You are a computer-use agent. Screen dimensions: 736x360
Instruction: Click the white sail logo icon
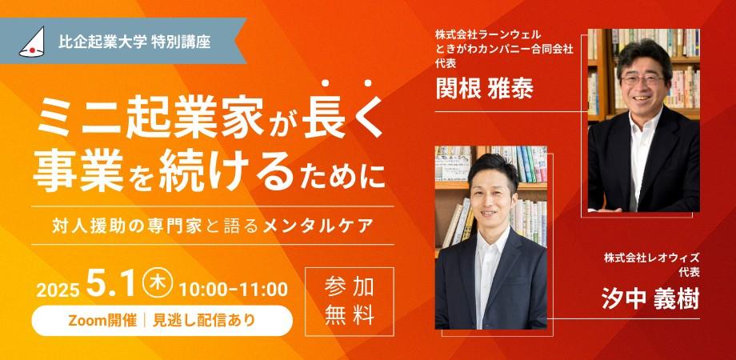[x=32, y=42]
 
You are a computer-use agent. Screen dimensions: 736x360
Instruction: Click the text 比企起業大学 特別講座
[x=134, y=42]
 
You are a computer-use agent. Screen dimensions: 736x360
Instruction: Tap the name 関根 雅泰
[x=485, y=87]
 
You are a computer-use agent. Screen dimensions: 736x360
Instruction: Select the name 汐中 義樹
[x=650, y=299]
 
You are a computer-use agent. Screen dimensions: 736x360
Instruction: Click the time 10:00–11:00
[x=234, y=289]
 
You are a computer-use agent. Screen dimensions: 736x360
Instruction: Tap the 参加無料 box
[x=350, y=302]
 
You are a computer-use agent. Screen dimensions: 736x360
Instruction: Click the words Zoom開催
[x=102, y=321]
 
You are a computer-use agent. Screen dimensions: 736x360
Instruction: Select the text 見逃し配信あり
[x=204, y=321]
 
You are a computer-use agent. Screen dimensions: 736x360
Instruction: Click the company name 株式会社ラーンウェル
[x=488, y=34]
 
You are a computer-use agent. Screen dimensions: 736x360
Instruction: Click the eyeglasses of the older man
[x=642, y=80]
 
